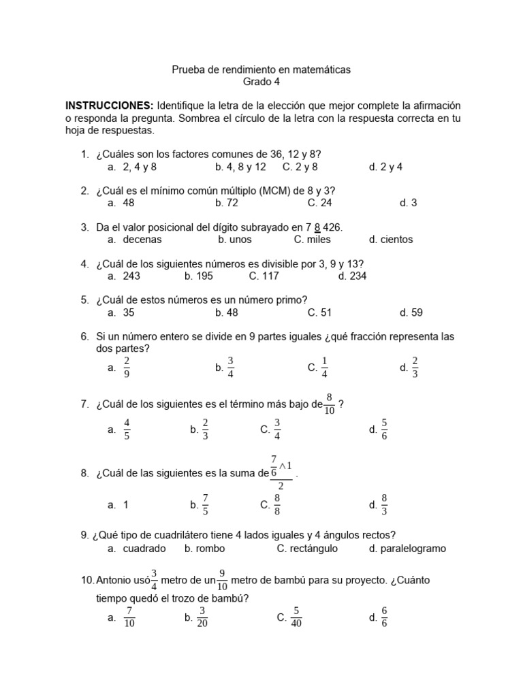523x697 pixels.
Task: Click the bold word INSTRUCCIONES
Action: [x=109, y=106]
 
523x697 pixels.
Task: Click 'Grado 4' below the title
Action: [x=261, y=82]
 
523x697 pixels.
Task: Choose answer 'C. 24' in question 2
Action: [x=320, y=202]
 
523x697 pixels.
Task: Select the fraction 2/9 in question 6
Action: [x=127, y=368]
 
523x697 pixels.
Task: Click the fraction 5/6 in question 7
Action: [x=384, y=429]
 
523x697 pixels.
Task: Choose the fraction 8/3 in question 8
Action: [x=384, y=505]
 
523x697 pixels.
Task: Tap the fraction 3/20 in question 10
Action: [x=202, y=617]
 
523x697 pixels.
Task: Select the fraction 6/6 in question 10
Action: [x=384, y=617]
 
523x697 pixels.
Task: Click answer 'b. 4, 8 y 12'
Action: [x=240, y=167]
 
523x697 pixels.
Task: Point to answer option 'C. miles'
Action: [x=313, y=239]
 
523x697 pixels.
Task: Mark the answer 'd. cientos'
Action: [x=391, y=239]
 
